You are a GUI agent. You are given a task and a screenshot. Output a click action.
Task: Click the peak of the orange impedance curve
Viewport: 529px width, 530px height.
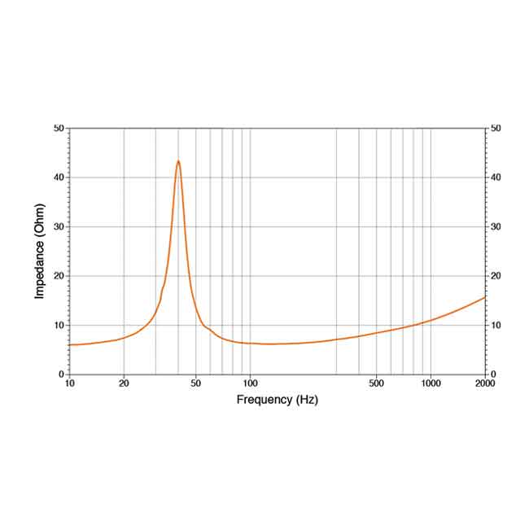coord(178,161)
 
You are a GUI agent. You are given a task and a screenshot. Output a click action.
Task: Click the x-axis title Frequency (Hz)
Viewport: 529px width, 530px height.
coord(277,400)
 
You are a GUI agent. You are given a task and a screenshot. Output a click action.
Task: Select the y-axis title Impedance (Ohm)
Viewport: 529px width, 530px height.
coord(39,251)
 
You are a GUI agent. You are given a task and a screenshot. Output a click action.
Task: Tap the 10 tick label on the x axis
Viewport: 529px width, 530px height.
coord(69,383)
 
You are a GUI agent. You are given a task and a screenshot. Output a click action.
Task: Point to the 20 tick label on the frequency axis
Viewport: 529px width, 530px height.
coord(124,383)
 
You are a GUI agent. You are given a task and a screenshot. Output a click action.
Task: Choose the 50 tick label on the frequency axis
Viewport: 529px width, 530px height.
coord(195,383)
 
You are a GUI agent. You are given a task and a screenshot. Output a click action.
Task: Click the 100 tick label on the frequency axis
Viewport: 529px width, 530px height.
coord(250,383)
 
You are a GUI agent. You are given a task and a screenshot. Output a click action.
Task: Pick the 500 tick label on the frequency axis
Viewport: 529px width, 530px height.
coord(376,383)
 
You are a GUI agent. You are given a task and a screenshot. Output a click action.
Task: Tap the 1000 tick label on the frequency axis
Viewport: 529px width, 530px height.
coord(431,383)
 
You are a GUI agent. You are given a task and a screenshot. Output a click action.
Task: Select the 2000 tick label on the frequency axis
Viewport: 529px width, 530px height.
coord(485,383)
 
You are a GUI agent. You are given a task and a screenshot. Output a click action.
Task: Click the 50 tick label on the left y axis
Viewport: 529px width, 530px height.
coord(58,128)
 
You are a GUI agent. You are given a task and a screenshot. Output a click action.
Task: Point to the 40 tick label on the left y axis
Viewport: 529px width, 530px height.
coord(58,177)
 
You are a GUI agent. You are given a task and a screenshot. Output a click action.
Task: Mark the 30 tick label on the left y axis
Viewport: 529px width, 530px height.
coord(58,226)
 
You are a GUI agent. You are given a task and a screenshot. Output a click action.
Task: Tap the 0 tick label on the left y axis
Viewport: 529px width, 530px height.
coord(61,375)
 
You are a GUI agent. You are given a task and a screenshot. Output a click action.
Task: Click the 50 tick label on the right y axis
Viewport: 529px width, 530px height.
coord(496,128)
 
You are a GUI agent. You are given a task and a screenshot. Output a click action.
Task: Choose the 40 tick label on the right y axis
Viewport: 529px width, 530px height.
coord(496,177)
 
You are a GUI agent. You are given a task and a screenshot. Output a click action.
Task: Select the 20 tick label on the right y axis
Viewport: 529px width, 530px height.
coord(496,276)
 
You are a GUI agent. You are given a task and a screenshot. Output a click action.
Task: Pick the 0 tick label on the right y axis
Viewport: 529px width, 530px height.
coord(493,375)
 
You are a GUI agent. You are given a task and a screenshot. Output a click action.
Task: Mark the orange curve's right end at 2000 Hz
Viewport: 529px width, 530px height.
coord(485,297)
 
